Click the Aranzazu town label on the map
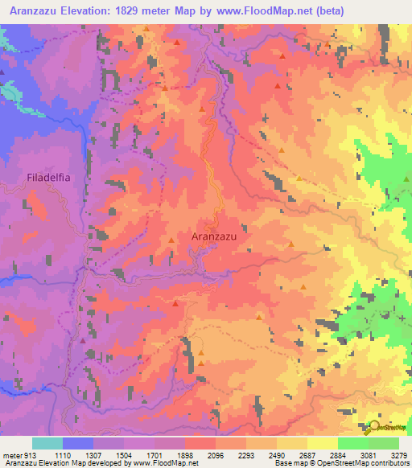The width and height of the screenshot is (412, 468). pyautogui.click(x=219, y=236)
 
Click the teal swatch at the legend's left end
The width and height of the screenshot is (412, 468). pyautogui.click(x=47, y=443)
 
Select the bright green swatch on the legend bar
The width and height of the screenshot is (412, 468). pyautogui.click(x=352, y=443)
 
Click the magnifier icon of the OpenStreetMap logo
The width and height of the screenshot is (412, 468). pyautogui.click(x=374, y=428)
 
